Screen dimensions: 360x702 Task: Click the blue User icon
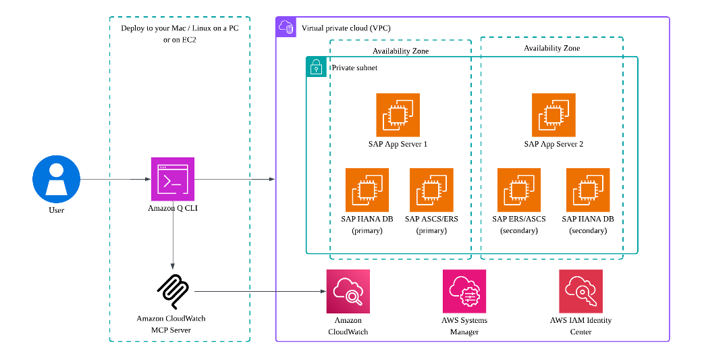click(x=56, y=180)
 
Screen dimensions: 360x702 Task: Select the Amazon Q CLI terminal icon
click(x=172, y=180)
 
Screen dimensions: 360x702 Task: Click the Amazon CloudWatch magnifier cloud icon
click(x=348, y=291)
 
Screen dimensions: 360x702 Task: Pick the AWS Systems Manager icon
click(x=464, y=291)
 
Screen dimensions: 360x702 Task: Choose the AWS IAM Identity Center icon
click(x=580, y=291)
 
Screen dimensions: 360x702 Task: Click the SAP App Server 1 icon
click(x=398, y=115)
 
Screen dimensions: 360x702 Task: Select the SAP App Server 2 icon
click(x=553, y=115)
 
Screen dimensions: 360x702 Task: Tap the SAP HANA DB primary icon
click(x=367, y=190)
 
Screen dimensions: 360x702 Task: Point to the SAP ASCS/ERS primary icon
click(x=431, y=190)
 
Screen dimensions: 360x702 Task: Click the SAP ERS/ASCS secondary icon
click(x=519, y=190)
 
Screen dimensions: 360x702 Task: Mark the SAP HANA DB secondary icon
click(x=587, y=190)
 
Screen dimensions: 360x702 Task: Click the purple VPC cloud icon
click(x=286, y=27)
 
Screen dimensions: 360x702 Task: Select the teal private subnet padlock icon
click(x=316, y=67)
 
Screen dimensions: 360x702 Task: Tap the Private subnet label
click(x=354, y=68)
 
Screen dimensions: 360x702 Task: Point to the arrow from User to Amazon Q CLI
click(x=115, y=180)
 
